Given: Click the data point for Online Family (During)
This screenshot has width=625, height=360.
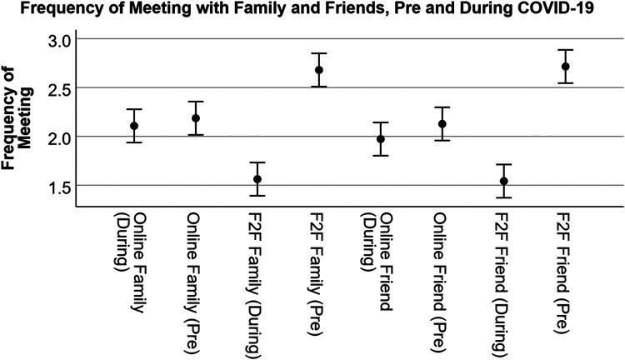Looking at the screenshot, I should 134,126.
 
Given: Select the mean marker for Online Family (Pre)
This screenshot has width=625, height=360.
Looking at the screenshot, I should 196,118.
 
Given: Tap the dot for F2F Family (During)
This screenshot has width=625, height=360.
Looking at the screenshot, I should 257,179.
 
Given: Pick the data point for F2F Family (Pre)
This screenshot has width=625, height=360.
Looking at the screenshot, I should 319,70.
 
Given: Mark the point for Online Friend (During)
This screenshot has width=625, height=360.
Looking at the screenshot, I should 381,139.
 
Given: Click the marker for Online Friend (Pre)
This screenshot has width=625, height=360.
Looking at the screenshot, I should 442,124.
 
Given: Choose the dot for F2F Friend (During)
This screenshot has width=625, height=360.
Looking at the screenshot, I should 504,181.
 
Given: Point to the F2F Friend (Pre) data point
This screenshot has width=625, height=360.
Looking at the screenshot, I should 566,67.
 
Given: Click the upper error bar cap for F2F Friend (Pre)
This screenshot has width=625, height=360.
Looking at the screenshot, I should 566,50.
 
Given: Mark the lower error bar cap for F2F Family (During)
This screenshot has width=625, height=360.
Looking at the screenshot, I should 257,196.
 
